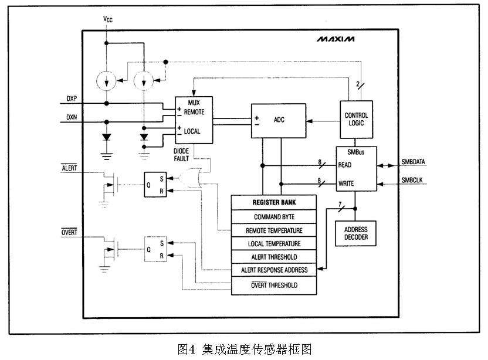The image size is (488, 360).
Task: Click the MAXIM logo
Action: click(336, 40)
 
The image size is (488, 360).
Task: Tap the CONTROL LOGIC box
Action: click(356, 120)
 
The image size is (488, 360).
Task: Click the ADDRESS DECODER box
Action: click(355, 233)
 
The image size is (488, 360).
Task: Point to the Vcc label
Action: click(107, 19)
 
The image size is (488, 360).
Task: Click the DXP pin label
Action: click(72, 98)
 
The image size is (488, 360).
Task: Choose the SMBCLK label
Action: click(414, 179)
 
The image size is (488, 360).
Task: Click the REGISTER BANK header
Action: click(274, 202)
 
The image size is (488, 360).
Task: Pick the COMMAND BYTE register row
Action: click(274, 216)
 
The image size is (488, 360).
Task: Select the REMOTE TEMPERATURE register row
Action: click(274, 230)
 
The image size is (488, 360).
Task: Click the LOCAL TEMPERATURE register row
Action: click(274, 244)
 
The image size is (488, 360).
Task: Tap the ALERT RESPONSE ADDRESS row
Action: click(274, 271)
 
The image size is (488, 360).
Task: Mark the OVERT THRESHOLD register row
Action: click(274, 285)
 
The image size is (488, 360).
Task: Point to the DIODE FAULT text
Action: click(181, 154)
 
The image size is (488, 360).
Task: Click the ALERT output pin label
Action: click(69, 168)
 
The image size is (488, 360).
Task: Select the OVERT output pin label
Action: click(69, 233)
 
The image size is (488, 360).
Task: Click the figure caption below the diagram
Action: click(244, 349)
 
